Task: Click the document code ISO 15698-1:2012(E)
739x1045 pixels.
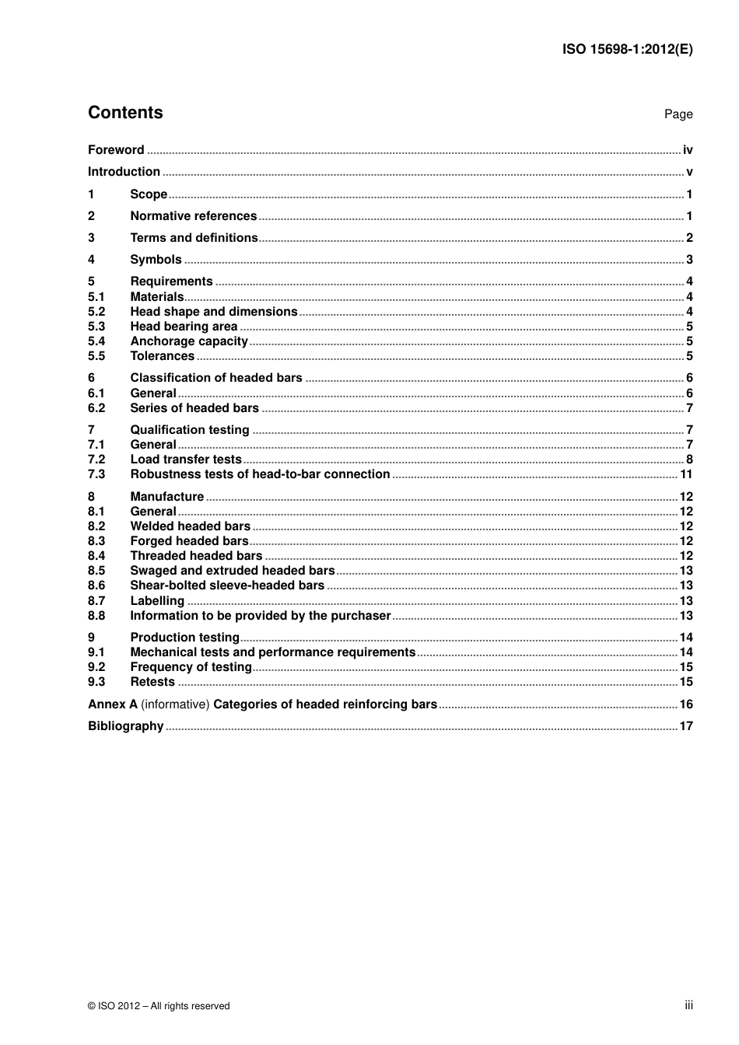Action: pos(627,49)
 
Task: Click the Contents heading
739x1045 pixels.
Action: pos(125,113)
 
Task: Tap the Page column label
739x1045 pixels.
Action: pos(678,114)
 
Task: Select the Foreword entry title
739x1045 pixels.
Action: pos(116,150)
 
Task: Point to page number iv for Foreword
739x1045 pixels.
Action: pos(688,150)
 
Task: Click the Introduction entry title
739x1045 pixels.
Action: pos(124,172)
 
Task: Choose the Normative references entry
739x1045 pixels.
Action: pos(193,216)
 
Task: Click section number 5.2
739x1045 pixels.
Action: pos(96,312)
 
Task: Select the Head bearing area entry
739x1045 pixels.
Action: pos(184,327)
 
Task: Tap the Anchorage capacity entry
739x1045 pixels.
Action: pos(189,341)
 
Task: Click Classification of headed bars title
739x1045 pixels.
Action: pos(216,378)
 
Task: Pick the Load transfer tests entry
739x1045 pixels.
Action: pos(186,460)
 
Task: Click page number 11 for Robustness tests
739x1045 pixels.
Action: pos(686,474)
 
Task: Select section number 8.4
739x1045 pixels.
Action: pos(96,556)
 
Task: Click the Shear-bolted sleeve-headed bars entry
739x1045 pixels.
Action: pos(227,585)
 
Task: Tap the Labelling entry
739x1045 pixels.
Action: pos(157,601)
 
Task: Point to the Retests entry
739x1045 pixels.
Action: pos(152,682)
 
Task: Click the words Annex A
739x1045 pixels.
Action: pos(113,704)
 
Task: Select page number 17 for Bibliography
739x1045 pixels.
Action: pos(686,726)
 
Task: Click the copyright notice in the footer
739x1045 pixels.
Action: pos(159,1006)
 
